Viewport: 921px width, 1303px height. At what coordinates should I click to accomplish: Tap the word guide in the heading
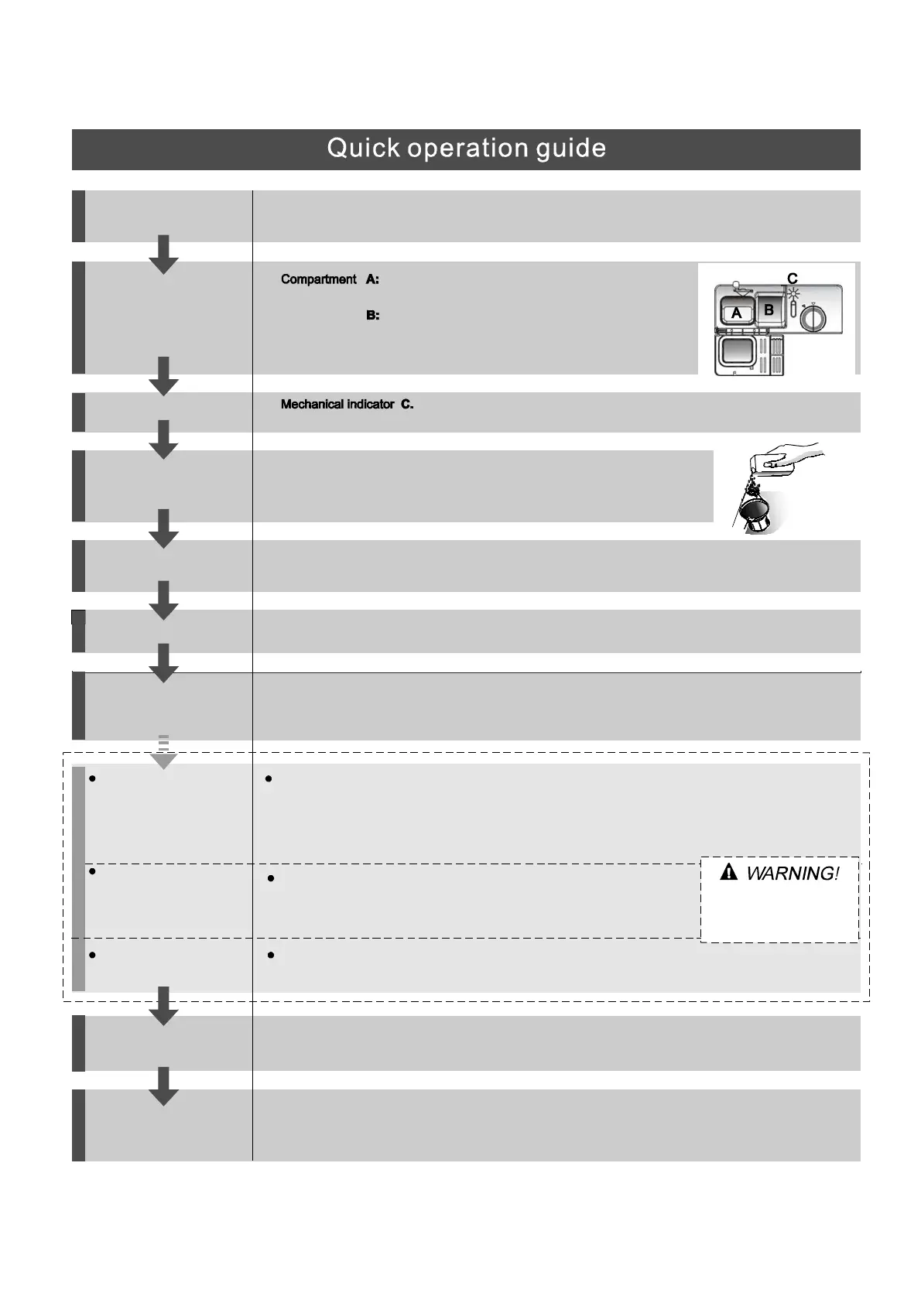tap(571, 149)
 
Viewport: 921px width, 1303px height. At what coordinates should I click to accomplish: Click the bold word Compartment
tap(318, 279)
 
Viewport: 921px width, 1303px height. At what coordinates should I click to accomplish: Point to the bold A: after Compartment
tap(372, 279)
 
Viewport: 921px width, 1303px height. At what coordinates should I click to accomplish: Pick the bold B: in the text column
tap(372, 316)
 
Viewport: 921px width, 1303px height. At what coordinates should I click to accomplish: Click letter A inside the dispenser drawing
tap(736, 313)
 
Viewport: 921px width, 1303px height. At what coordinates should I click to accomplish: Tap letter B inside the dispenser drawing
tap(769, 310)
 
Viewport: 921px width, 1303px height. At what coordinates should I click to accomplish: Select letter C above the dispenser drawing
tap(792, 278)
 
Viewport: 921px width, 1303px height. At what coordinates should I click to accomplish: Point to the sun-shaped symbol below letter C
tap(793, 293)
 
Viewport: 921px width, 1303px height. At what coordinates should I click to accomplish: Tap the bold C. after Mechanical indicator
tap(407, 405)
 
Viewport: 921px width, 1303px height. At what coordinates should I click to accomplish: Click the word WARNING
tap(792, 874)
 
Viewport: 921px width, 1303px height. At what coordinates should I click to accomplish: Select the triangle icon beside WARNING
tap(728, 874)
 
